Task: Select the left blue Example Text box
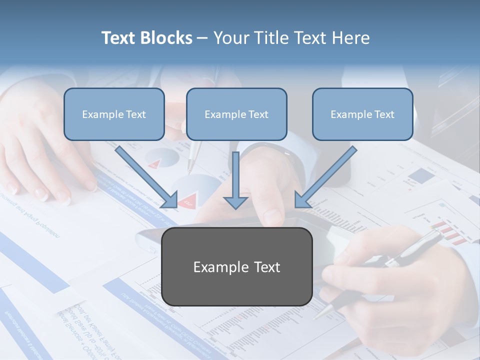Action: click(114, 114)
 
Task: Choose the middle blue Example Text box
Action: click(236, 114)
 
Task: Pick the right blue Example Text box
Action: click(362, 114)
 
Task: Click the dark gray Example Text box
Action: click(237, 267)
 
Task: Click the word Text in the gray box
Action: click(265, 267)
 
